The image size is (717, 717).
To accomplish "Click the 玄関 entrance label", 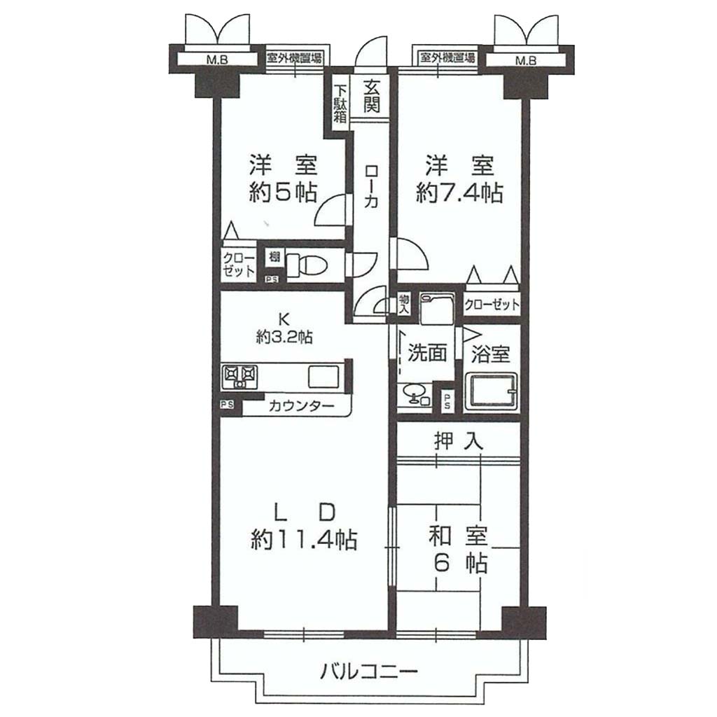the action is tap(371, 97).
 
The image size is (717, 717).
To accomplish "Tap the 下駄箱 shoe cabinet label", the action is tap(340, 104).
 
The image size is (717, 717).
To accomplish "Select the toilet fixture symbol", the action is tap(307, 265).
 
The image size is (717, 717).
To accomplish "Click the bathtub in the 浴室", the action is tap(492, 391).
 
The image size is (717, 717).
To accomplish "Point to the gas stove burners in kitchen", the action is tap(239, 377).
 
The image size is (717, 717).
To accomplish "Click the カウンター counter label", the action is tap(302, 405).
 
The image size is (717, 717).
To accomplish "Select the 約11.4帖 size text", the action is tap(304, 540).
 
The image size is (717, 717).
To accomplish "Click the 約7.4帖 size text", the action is tap(459, 193).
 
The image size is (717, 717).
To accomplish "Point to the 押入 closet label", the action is tap(458, 441).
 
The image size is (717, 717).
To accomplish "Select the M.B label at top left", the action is tap(217, 60).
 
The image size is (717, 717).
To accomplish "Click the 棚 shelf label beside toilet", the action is tap(274, 256).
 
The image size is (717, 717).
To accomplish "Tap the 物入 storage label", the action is tap(404, 304).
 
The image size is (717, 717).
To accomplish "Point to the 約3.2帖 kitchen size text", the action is tap(284, 337).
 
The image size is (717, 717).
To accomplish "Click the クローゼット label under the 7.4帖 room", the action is tap(492, 305).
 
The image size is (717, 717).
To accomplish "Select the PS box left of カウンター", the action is tap(228, 405).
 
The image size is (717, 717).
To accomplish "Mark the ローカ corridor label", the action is tap(371, 187).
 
